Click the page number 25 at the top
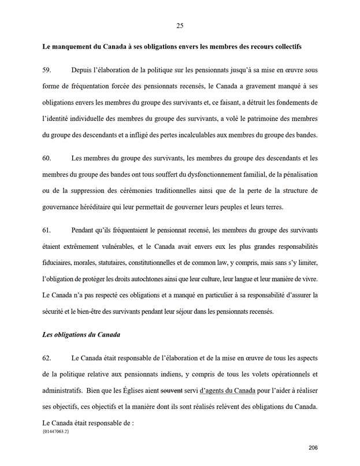[180, 25]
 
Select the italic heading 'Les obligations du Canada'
[81, 334]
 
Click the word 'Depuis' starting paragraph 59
[81, 70]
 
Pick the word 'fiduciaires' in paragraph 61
[58, 263]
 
